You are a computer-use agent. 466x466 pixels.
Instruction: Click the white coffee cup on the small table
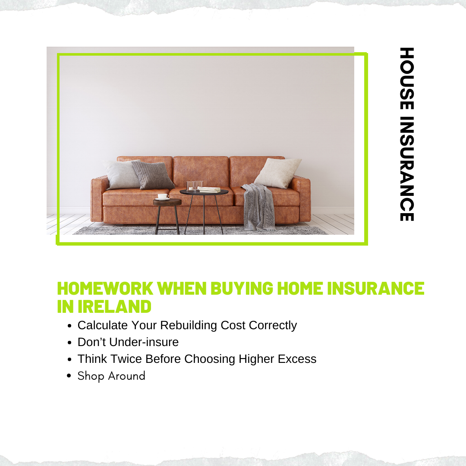(x=163, y=196)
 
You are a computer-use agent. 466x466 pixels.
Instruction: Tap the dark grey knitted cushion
(x=153, y=175)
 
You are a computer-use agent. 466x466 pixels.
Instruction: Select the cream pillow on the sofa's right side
(x=278, y=173)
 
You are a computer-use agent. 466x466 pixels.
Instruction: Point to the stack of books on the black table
(x=209, y=189)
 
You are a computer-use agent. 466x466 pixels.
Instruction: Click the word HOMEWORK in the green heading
(x=105, y=288)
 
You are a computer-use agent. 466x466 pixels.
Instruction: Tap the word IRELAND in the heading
(x=114, y=306)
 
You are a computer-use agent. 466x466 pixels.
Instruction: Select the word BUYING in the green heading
(x=242, y=288)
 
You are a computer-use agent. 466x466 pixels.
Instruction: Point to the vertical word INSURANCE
(x=406, y=169)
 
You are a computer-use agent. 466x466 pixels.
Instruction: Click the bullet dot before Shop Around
(x=69, y=376)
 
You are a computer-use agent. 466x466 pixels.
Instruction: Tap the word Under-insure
(x=144, y=342)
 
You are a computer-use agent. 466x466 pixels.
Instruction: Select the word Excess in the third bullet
(x=297, y=359)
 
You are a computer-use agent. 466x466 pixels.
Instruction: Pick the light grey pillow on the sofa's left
(x=122, y=174)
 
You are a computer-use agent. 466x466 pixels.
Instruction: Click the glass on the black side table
(x=191, y=186)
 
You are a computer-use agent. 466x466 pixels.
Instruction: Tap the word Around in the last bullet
(x=126, y=376)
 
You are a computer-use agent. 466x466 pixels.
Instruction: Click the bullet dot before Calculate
(x=69, y=326)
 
